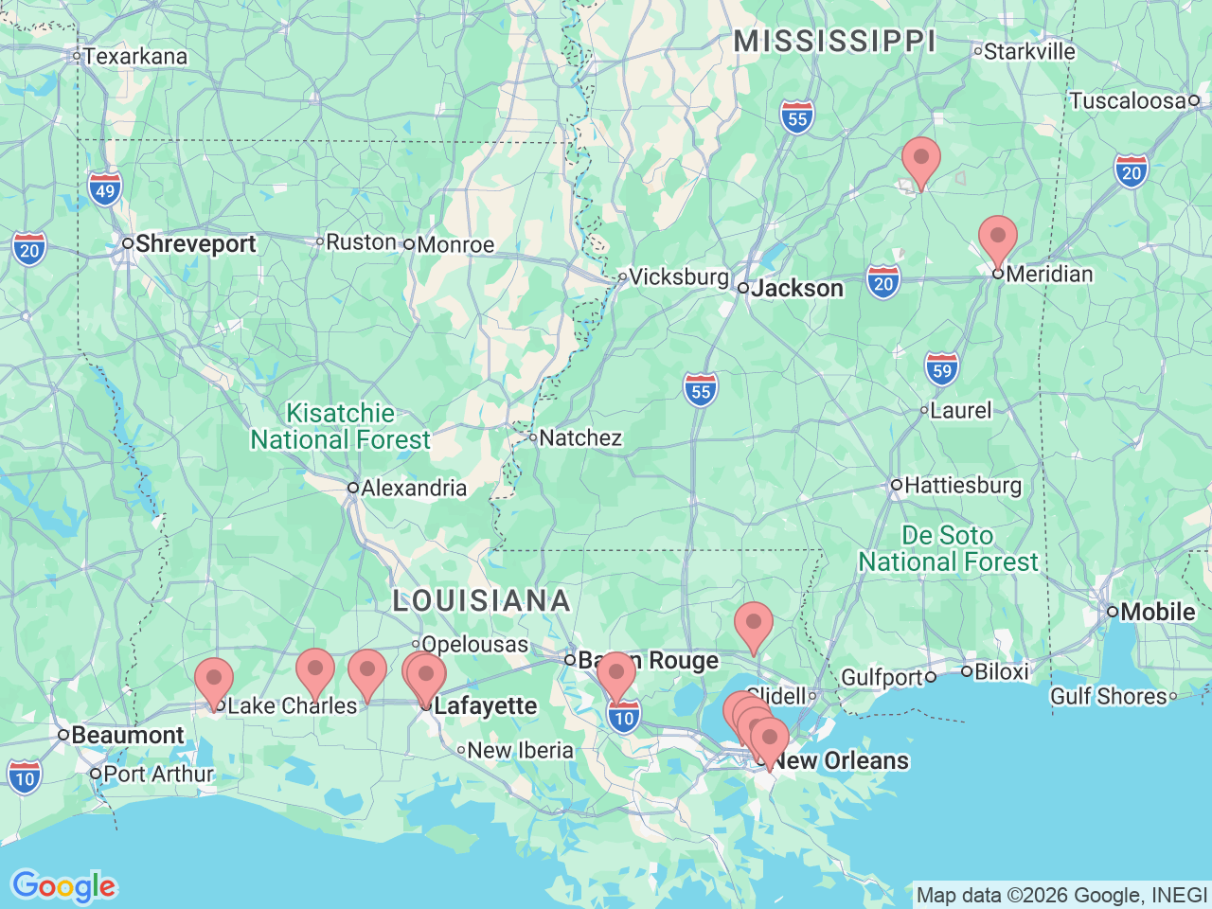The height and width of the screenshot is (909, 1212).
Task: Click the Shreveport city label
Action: pyautogui.click(x=195, y=243)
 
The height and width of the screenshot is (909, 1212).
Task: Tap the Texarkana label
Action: pyautogui.click(x=134, y=56)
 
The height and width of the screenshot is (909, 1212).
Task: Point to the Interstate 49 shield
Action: pyautogui.click(x=105, y=190)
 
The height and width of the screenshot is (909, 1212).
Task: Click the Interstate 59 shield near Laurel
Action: pyautogui.click(x=941, y=369)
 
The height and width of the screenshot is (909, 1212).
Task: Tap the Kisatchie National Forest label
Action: pyautogui.click(x=340, y=426)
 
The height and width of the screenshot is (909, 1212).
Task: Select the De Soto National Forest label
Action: pyautogui.click(x=948, y=548)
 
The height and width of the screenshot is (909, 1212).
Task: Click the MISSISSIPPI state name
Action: pyautogui.click(x=834, y=42)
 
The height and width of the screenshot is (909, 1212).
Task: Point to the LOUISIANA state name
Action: pyautogui.click(x=481, y=600)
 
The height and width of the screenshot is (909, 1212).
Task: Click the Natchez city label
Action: pyautogui.click(x=580, y=437)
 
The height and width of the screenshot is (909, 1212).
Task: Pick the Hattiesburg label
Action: pyautogui.click(x=963, y=485)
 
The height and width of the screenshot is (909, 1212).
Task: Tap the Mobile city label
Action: pyautogui.click(x=1157, y=612)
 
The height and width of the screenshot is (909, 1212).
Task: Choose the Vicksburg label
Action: pyautogui.click(x=679, y=276)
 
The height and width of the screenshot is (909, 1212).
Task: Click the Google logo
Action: pyautogui.click(x=63, y=886)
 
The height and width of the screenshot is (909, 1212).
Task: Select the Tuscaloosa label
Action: pyautogui.click(x=1127, y=100)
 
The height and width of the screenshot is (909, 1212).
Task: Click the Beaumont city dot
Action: pyautogui.click(x=63, y=735)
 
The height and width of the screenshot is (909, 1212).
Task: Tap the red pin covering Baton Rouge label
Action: pyautogui.click(x=616, y=674)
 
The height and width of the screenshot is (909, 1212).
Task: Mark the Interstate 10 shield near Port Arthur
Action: pyautogui.click(x=25, y=777)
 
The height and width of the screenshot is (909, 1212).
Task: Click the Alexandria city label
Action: pyautogui.click(x=414, y=488)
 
